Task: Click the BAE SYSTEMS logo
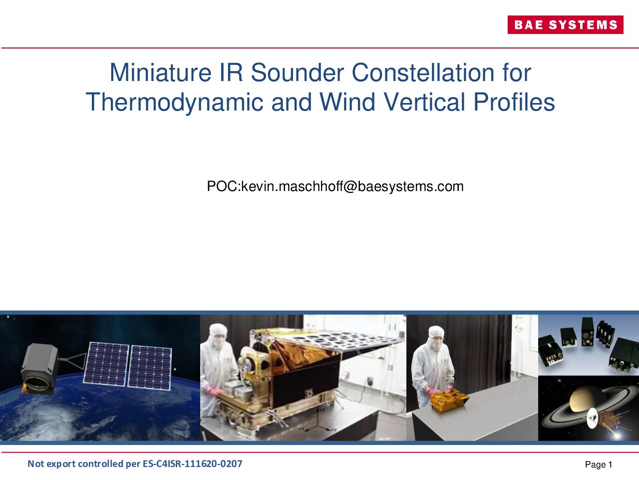click(565, 25)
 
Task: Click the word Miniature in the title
click(160, 72)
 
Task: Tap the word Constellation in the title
click(423, 72)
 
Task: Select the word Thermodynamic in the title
click(174, 102)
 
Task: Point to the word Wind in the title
click(347, 102)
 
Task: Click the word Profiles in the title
click(514, 102)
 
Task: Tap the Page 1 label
click(599, 464)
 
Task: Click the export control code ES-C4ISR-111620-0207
click(192, 463)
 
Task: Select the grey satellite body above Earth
click(40, 368)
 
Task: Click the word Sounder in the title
click(297, 72)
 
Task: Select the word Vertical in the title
click(424, 102)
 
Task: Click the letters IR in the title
click(231, 72)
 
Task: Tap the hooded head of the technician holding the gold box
click(436, 338)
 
